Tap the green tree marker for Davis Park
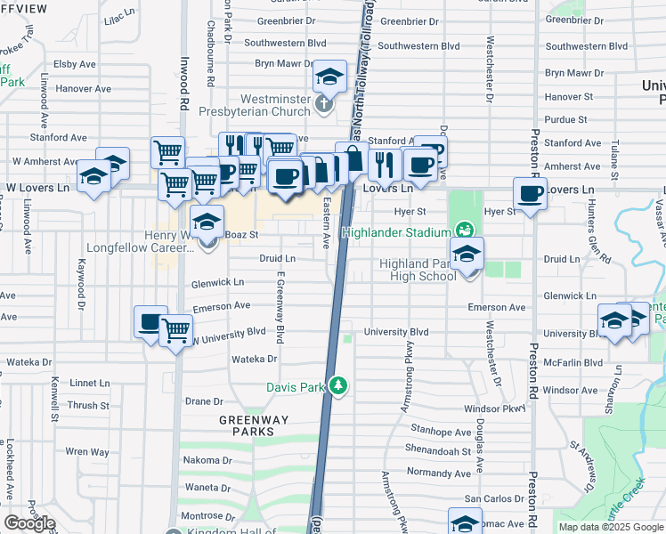tap(337, 386)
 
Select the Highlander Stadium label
tap(399, 233)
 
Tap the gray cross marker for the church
tap(322, 105)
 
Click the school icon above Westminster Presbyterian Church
tap(329, 77)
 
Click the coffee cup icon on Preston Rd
tap(531, 193)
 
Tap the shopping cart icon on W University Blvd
tap(175, 331)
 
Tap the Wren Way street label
tap(87, 452)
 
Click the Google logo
tap(29, 523)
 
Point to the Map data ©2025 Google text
tap(611, 527)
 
